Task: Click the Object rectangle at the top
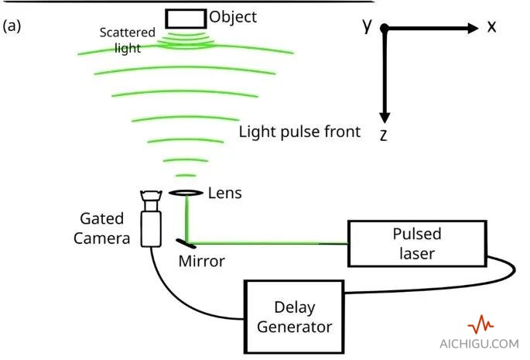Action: (x=185, y=18)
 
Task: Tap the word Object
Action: (x=233, y=16)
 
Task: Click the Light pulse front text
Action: (x=299, y=132)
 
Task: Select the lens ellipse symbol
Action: (x=185, y=192)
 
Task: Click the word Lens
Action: (x=225, y=193)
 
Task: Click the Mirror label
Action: (x=201, y=262)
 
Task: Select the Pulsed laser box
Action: (x=417, y=244)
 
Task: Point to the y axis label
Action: (x=368, y=25)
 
